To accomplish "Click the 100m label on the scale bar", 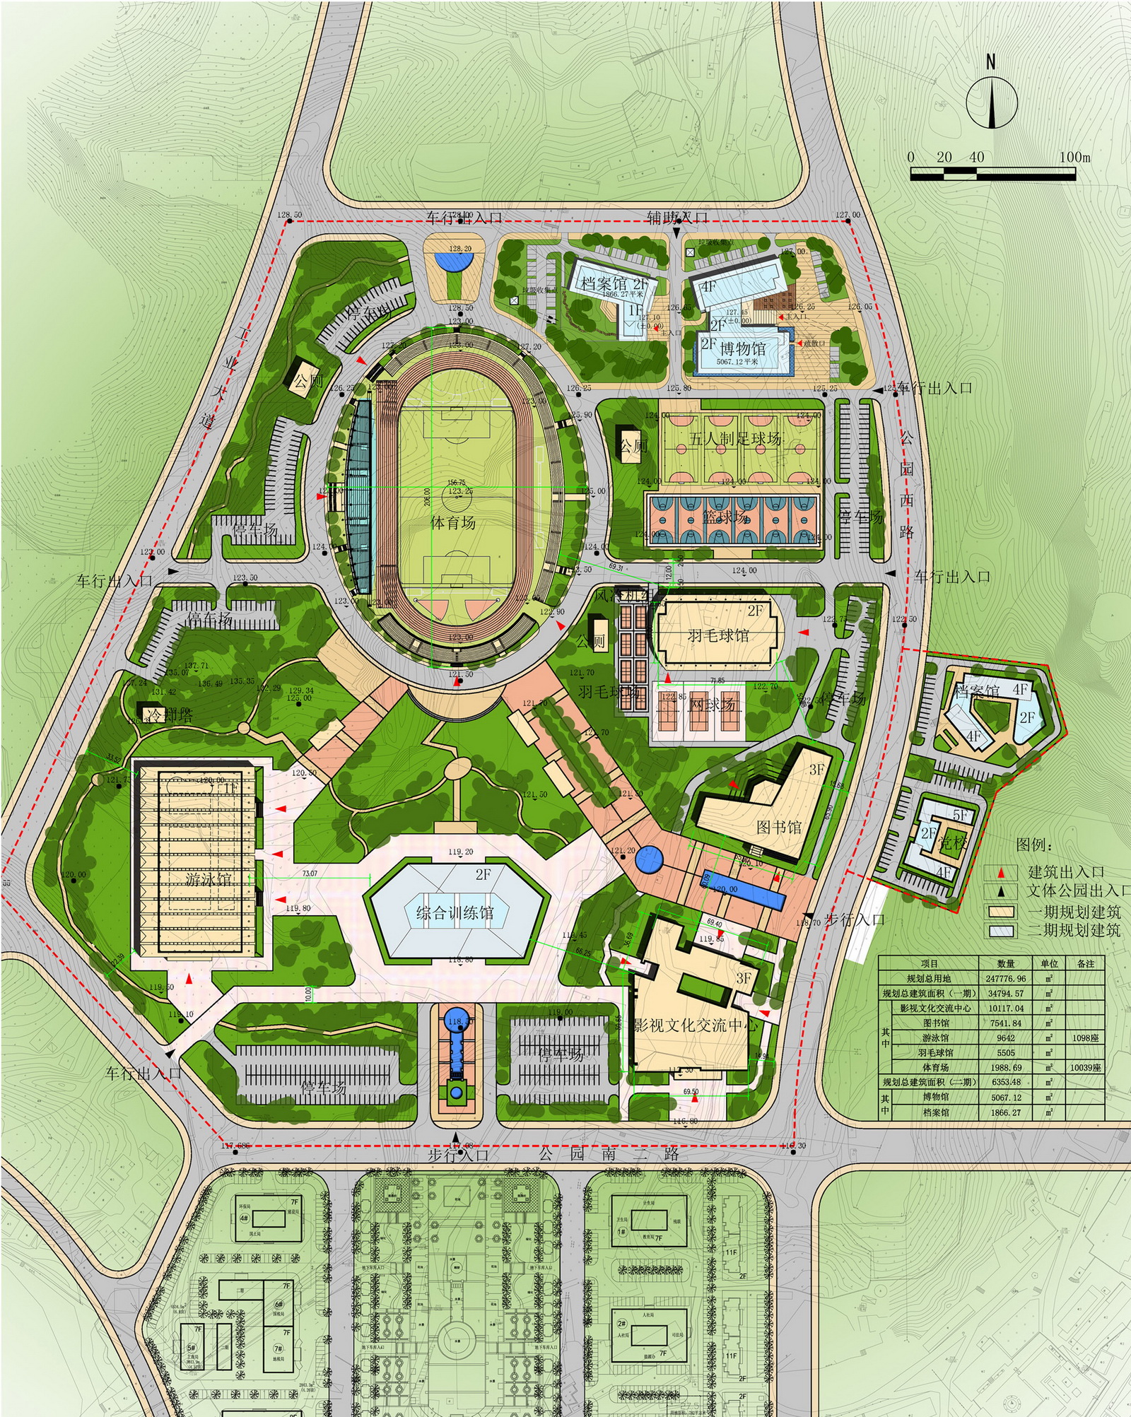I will [x=1074, y=157].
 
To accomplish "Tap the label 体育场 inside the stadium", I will [x=452, y=523].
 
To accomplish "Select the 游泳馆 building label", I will [x=208, y=879].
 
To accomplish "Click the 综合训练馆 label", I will [x=455, y=912].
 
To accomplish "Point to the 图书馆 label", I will [x=778, y=827].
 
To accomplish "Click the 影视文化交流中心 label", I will [x=695, y=1025].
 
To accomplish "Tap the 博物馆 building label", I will [x=743, y=348].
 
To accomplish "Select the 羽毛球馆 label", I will [x=717, y=635].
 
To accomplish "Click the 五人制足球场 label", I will [x=735, y=439].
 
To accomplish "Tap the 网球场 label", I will [x=712, y=704].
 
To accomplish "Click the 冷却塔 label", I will [x=169, y=715].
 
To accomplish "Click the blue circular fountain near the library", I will [x=648, y=859].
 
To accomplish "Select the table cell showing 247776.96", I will [x=1005, y=979].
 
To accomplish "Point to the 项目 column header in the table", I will [x=929, y=963].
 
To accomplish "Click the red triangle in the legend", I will [x=1001, y=873].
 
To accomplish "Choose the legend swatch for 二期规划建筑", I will [x=1001, y=931].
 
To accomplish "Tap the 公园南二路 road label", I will [x=609, y=1154].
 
